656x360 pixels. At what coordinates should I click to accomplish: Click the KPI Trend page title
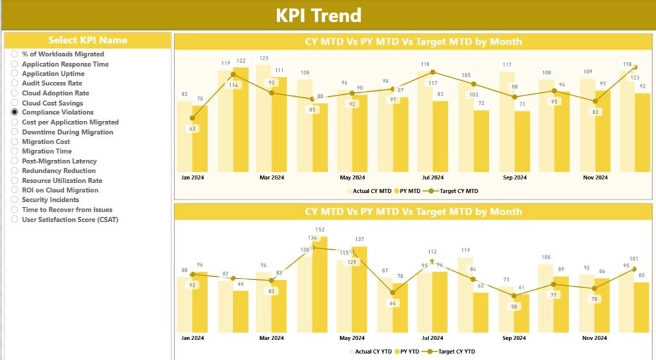point(318,15)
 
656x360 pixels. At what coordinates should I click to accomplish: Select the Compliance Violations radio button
point(15,112)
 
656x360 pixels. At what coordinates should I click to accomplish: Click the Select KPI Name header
point(88,40)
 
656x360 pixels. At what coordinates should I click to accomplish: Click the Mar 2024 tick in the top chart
point(271,177)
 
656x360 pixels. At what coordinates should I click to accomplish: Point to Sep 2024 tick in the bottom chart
point(514,338)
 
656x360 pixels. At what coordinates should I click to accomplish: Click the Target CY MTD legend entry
point(455,191)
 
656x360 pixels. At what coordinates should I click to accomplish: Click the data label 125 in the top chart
point(263,58)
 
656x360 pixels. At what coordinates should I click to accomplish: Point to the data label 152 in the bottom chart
point(320,230)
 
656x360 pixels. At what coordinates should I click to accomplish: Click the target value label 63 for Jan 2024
point(192,129)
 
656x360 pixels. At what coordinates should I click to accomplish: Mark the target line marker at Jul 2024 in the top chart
point(432,72)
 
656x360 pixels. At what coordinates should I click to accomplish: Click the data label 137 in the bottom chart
point(359,240)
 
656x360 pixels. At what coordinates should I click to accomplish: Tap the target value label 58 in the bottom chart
point(513,307)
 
